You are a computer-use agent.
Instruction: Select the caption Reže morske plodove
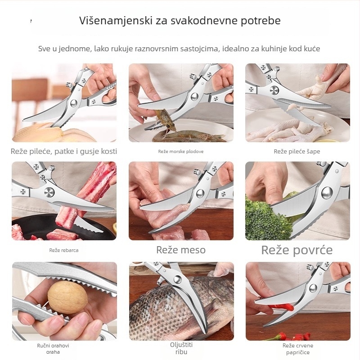click(x=181, y=152)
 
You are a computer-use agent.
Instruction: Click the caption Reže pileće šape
click(x=297, y=152)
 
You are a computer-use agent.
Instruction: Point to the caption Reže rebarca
click(x=64, y=250)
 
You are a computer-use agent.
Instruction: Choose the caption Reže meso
click(x=181, y=250)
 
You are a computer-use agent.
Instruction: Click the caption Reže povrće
click(x=297, y=250)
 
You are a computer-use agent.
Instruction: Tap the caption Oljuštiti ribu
click(x=181, y=348)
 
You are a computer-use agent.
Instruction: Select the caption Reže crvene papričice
click(x=298, y=349)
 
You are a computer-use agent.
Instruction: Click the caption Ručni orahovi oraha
click(x=53, y=349)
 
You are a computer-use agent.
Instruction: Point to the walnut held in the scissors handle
click(x=67, y=297)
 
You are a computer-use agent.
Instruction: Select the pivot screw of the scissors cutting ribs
click(x=49, y=193)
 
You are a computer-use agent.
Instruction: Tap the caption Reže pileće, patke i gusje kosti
click(x=64, y=152)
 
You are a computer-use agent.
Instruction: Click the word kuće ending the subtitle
click(x=310, y=49)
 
